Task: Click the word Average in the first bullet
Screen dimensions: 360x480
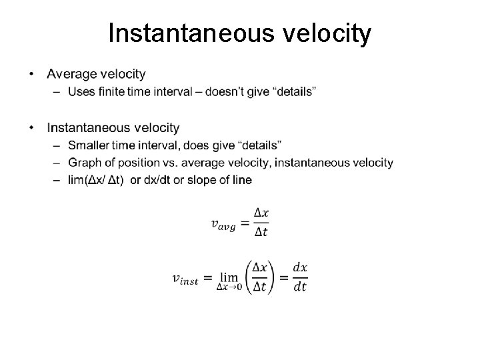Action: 71,73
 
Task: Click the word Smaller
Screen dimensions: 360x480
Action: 87,145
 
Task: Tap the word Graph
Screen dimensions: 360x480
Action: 83,162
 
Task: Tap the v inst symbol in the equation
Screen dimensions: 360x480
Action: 185,279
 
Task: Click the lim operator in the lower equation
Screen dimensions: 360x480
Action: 229,277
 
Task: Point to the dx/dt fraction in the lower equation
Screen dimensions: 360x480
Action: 300,277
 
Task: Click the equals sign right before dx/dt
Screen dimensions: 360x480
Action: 283,278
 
